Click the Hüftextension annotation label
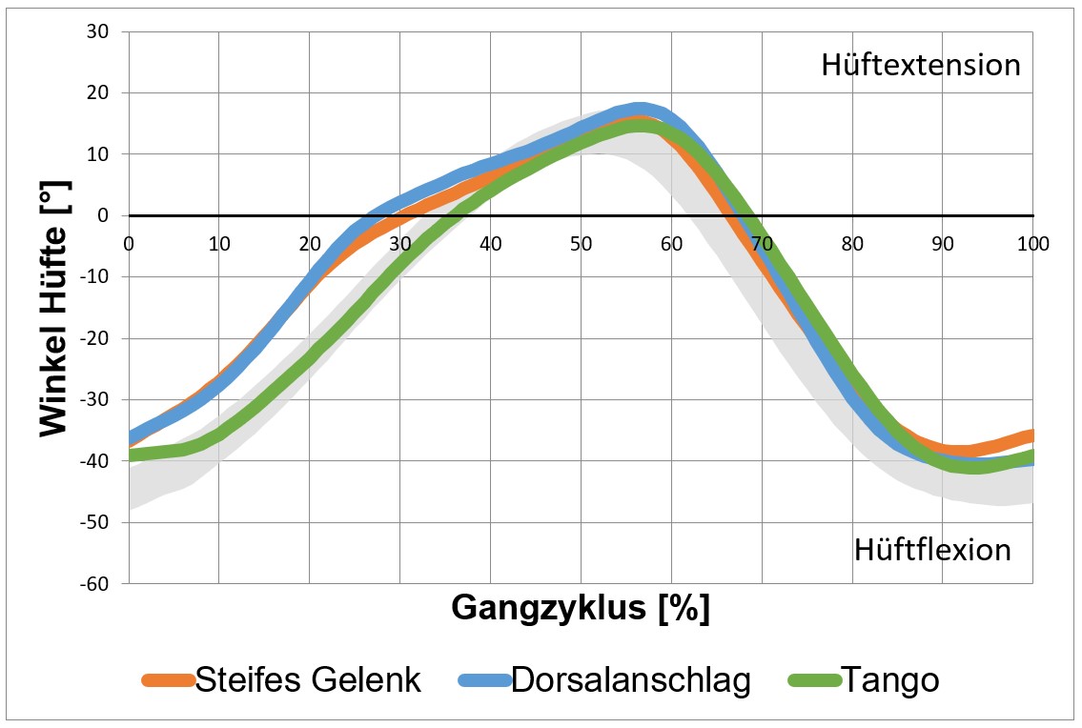pyautogui.click(x=920, y=65)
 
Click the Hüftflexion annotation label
pyautogui.click(x=931, y=550)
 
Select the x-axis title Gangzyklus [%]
pyautogui.click(x=580, y=607)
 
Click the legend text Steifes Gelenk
pyautogui.click(x=308, y=680)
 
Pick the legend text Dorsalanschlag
pyautogui.click(x=630, y=680)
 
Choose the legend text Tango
pyautogui.click(x=891, y=680)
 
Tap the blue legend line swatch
pyautogui.click(x=484, y=680)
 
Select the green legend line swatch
pyautogui.click(x=814, y=680)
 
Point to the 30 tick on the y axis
pyautogui.click(x=98, y=31)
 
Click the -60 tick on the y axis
pyautogui.click(x=95, y=583)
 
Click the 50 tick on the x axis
pyautogui.click(x=581, y=243)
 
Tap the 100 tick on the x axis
pyautogui.click(x=1032, y=243)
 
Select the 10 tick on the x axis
pyautogui.click(x=218, y=243)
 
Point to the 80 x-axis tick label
pyautogui.click(x=852, y=243)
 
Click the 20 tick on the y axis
pyautogui.click(x=98, y=93)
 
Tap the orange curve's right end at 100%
pyautogui.click(x=1031, y=435)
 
